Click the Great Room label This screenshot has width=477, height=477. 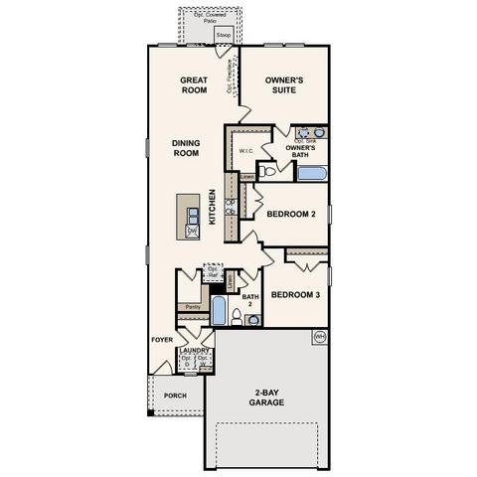click(x=192, y=84)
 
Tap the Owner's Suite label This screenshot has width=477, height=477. click(x=284, y=84)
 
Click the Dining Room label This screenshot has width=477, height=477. click(x=186, y=148)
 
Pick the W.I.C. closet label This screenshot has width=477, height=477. click(x=247, y=151)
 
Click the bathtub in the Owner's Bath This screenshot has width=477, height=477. click(x=311, y=173)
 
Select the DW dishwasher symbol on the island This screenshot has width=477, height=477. click(x=193, y=232)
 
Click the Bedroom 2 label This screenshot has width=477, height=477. click(x=292, y=214)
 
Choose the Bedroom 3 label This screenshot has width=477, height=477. click(x=294, y=294)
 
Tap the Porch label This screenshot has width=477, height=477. click(x=175, y=394)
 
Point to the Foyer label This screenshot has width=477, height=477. click(x=162, y=339)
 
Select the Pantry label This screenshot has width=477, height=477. click(x=193, y=307)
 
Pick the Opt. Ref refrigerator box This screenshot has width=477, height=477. click(x=212, y=271)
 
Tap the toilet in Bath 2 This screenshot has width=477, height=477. click(x=236, y=317)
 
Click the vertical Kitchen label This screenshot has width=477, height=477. click(x=212, y=208)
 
